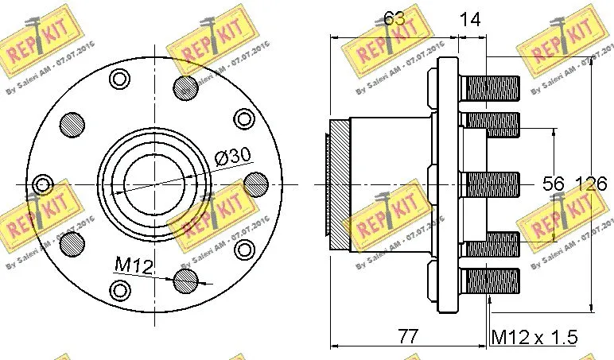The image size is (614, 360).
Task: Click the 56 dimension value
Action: click(x=552, y=184)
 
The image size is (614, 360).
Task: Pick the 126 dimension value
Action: click(x=590, y=184)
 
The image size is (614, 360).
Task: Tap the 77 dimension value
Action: click(x=407, y=336)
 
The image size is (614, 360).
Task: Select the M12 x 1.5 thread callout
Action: click(x=533, y=337)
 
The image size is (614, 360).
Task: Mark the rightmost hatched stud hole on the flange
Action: click(x=256, y=183)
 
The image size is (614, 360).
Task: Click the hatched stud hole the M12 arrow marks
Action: click(x=186, y=279)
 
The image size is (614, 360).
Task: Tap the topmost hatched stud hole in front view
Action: click(x=186, y=87)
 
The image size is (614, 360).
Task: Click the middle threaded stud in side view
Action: click(x=492, y=184)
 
